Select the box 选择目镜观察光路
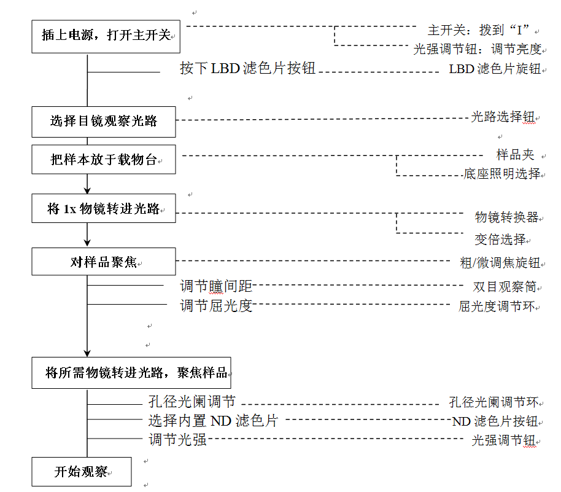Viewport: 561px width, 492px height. coord(104,121)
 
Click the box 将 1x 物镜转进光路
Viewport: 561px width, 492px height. coord(104,209)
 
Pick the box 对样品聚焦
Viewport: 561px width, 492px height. coord(104,262)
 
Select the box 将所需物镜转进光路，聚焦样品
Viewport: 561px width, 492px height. coord(131,372)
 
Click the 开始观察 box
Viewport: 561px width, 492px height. coord(82,472)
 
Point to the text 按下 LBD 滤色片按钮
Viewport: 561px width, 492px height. coord(247,68)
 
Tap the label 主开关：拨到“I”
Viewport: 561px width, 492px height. coord(478,30)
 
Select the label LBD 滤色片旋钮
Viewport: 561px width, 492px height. coord(495,69)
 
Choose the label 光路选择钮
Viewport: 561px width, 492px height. coord(502,117)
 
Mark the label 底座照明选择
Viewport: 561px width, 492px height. coord(501,174)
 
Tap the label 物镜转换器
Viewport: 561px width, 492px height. coord(506,217)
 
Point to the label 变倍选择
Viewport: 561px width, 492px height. coord(500,238)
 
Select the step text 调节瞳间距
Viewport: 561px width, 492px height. coord(216,286)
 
